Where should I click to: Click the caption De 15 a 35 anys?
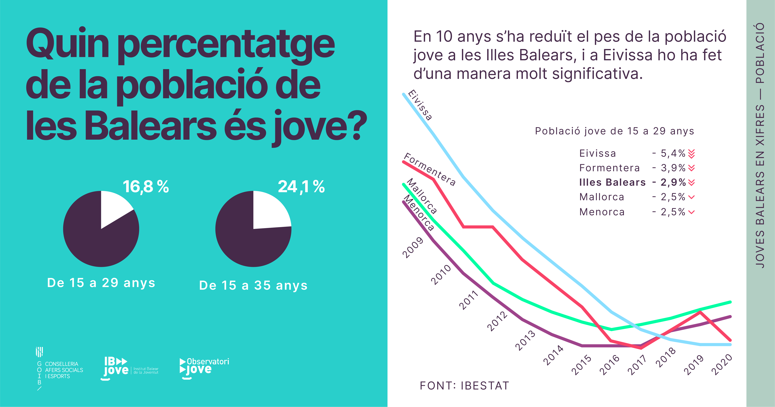(x=253, y=285)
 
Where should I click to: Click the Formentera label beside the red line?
(x=430, y=169)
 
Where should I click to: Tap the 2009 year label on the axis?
(x=413, y=248)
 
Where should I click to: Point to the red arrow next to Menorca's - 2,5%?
(x=691, y=212)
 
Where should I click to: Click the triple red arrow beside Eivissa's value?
(x=691, y=154)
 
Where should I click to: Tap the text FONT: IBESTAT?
(x=464, y=386)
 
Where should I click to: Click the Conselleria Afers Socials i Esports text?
(x=64, y=370)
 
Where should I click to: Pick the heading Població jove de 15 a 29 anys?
(x=614, y=131)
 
